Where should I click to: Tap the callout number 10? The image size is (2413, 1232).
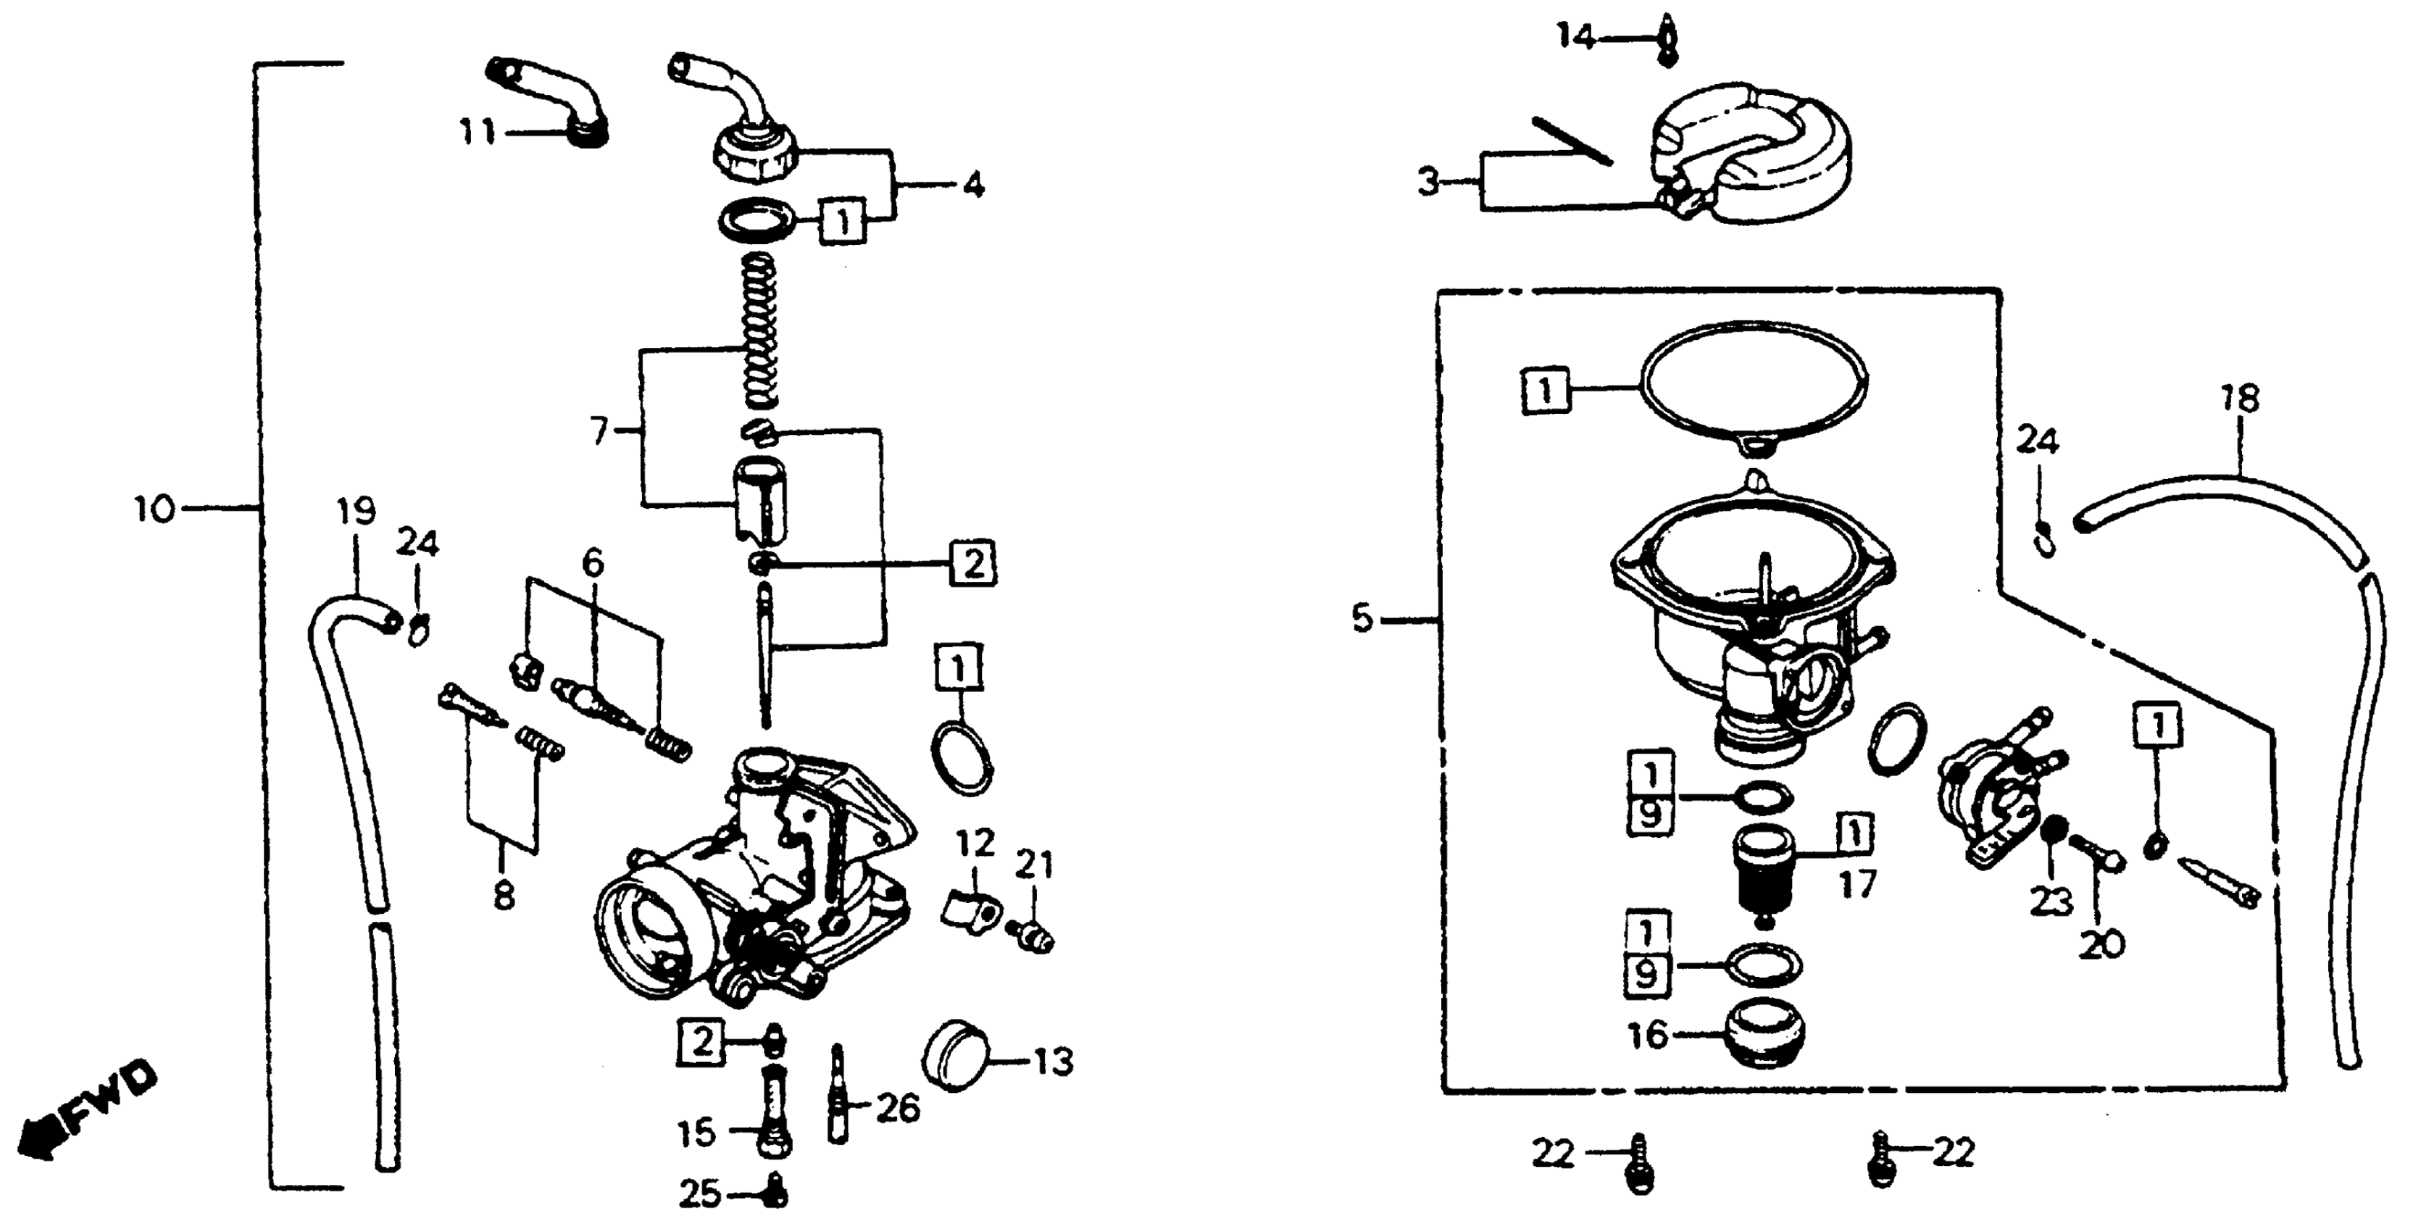pos(154,511)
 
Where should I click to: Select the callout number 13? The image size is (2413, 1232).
pos(1053,1063)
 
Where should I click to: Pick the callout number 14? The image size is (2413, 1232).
pos(1575,38)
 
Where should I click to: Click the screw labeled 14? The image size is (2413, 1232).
pos(1665,39)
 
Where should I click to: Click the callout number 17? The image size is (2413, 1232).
pos(1857,884)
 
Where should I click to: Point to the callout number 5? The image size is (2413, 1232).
pos(1362,618)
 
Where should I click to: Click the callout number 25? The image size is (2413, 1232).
pos(699,1194)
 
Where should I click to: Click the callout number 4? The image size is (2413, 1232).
pos(973,186)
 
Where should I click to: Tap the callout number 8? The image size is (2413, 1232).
pos(503,896)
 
